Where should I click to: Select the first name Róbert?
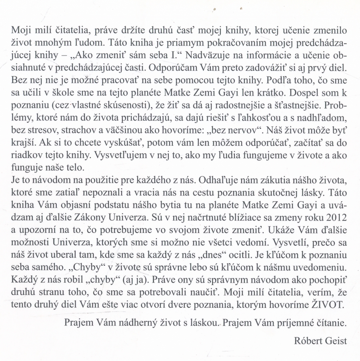click(x=306, y=341)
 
